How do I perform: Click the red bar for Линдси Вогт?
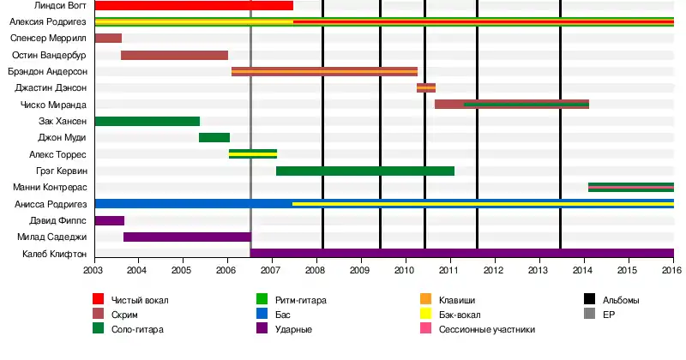[x=194, y=6]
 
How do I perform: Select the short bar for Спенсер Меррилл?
[x=108, y=39]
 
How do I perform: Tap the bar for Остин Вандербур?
[x=174, y=56]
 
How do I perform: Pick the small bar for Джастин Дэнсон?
[x=426, y=88]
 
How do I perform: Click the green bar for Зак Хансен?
[x=147, y=122]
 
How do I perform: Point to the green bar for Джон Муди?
[x=214, y=138]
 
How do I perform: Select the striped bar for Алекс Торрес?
[x=253, y=154]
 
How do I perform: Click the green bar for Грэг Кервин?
[x=364, y=171]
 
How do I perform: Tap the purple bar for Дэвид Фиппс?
[x=109, y=220]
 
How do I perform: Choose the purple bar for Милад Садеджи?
[x=187, y=237]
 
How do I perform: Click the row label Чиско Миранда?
[x=53, y=105]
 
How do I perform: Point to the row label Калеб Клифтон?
[x=54, y=254]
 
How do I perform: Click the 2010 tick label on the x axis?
[x=404, y=270]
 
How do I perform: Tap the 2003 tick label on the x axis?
[x=94, y=270]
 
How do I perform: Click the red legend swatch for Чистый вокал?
[x=99, y=300]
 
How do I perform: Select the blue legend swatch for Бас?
[x=264, y=315]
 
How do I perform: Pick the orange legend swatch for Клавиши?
[x=425, y=300]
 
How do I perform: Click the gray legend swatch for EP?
[x=590, y=315]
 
